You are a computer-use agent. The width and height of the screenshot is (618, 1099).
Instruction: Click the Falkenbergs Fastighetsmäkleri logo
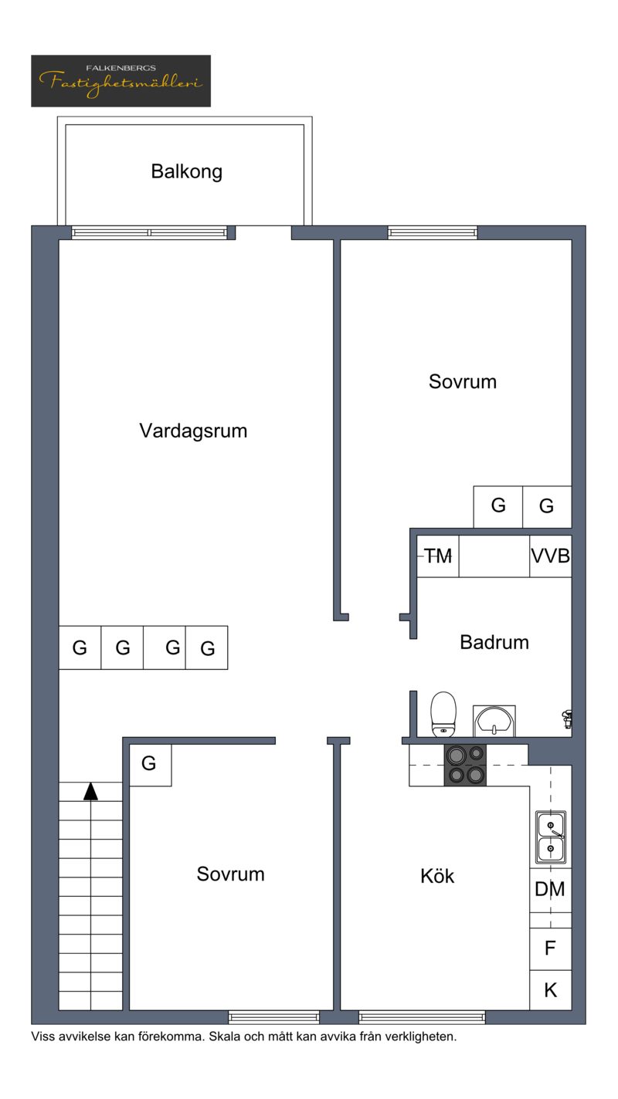[121, 81]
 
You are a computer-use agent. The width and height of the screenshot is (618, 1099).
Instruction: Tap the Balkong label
[187, 172]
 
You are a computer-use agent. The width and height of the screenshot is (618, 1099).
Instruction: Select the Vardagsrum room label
[193, 431]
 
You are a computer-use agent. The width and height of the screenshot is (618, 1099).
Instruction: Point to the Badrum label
[494, 642]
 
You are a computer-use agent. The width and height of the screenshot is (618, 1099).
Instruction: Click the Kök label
[437, 876]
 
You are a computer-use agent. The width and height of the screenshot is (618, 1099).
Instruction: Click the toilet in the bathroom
[443, 715]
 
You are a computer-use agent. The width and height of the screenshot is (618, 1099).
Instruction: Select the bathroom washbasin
[494, 721]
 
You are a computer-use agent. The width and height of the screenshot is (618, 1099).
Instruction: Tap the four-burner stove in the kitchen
[465, 765]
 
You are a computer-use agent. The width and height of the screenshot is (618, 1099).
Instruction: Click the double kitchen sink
[551, 837]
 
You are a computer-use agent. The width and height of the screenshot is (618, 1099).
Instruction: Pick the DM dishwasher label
[550, 889]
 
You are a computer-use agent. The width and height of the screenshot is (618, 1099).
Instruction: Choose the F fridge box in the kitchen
[551, 949]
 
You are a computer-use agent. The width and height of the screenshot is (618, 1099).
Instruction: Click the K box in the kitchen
[551, 990]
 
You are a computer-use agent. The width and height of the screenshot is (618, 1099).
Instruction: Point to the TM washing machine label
[438, 556]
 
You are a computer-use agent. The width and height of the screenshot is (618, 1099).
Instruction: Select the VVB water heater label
[551, 556]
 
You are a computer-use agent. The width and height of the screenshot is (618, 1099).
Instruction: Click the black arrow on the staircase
[90, 791]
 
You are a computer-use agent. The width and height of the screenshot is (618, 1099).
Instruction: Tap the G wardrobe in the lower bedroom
[151, 765]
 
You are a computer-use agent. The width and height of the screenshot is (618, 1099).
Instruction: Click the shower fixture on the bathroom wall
[567, 719]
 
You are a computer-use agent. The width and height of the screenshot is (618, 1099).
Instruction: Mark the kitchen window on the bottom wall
[422, 1017]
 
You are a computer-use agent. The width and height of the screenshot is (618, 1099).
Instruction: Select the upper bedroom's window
[433, 232]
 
